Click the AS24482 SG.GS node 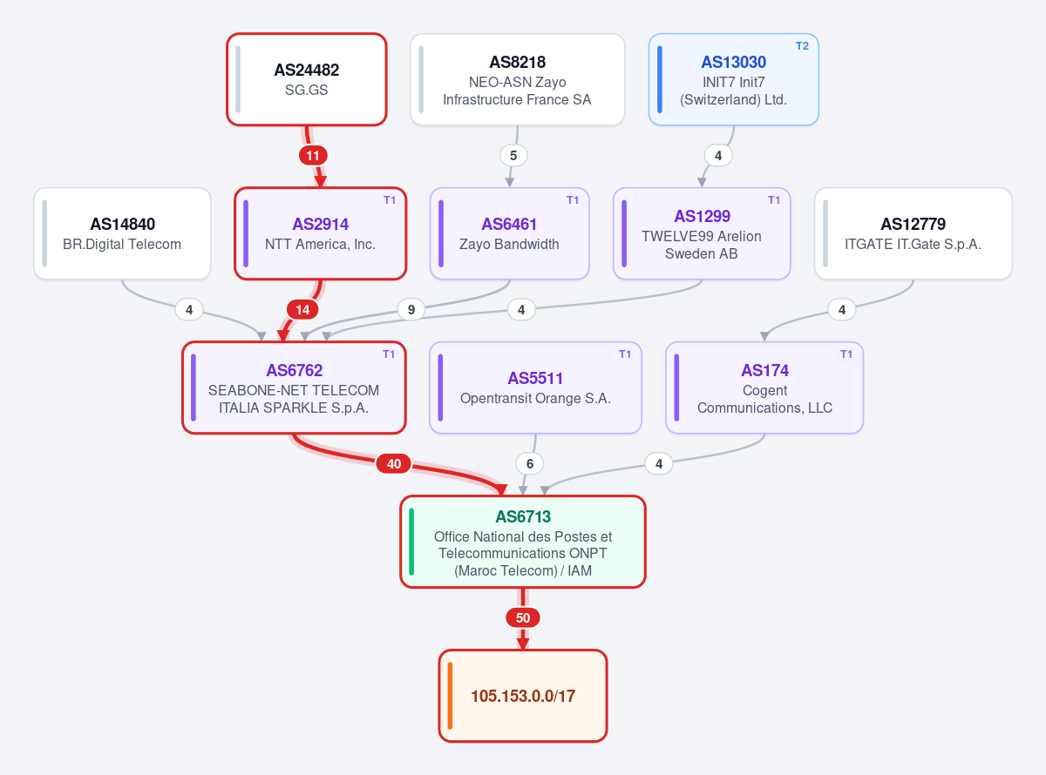(x=307, y=79)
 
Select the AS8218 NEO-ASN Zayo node (x=518, y=79)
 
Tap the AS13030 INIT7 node (x=733, y=79)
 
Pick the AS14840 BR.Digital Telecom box (x=122, y=233)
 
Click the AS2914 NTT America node (x=320, y=233)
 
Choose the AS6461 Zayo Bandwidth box (x=509, y=233)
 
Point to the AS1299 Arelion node (x=702, y=233)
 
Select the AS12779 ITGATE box (x=913, y=233)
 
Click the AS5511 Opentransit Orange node (x=535, y=387)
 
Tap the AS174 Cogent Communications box (x=764, y=387)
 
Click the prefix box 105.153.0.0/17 (x=522, y=696)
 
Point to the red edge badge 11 (x=313, y=156)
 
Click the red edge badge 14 (x=302, y=309)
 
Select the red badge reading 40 (x=394, y=464)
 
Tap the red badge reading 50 (x=522, y=618)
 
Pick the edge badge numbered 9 (x=411, y=309)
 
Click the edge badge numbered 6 (x=530, y=464)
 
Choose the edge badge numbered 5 (x=513, y=156)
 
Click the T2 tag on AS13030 (x=802, y=46)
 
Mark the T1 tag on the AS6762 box (x=389, y=354)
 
